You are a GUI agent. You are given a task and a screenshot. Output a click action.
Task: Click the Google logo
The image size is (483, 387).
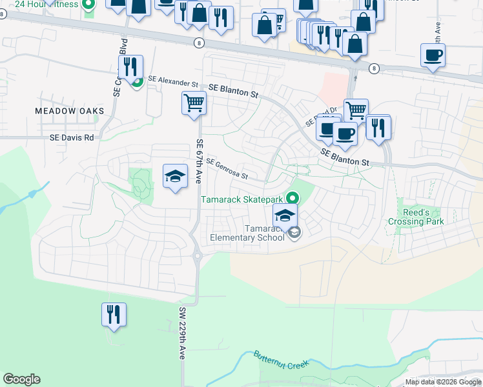tap(21, 379)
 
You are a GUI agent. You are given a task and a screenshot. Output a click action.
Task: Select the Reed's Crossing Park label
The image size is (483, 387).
tap(416, 217)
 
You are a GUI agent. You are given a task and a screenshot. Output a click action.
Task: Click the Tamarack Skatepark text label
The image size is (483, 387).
tap(243, 200)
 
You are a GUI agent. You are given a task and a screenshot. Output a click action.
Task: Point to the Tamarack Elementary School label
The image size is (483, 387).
tap(247, 233)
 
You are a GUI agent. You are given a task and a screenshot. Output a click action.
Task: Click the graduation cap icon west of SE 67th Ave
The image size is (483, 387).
tap(174, 177)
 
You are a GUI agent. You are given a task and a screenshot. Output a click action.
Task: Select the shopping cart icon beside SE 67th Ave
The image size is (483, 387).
tap(194, 103)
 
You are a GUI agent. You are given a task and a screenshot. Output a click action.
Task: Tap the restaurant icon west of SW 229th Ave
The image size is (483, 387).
tap(114, 315)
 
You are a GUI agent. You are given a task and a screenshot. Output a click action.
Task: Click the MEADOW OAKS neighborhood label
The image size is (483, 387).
tap(69, 111)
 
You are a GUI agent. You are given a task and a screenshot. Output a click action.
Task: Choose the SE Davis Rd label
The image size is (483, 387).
tap(72, 137)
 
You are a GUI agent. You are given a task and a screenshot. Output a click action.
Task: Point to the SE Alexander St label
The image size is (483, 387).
tap(173, 82)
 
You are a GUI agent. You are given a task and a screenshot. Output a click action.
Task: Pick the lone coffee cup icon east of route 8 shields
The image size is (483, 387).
tap(432, 55)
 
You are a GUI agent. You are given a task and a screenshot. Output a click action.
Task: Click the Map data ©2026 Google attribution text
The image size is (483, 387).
tap(443, 382)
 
